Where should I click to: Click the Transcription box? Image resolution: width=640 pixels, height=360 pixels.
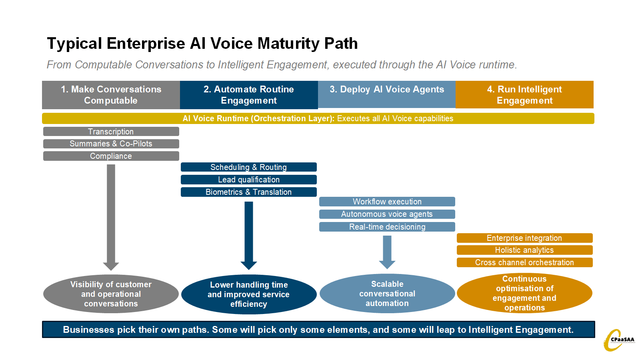111,132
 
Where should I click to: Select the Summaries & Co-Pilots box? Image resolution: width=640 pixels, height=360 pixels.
111,144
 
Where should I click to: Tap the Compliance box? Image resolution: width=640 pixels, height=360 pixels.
111,156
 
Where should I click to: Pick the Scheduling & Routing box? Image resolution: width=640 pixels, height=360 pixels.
248,167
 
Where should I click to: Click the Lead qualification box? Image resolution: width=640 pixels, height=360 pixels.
248,180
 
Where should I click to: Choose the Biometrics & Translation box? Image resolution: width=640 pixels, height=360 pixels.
248,192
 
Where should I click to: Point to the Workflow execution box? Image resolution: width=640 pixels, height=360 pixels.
387,202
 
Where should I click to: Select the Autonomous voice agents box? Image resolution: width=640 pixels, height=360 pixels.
387,214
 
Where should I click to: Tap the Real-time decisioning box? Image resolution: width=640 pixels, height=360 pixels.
387,227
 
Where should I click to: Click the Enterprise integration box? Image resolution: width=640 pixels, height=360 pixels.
524,238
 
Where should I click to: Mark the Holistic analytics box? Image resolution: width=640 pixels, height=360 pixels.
524,250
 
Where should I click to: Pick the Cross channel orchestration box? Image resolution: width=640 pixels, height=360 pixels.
524,262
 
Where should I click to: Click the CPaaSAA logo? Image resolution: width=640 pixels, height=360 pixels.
618,340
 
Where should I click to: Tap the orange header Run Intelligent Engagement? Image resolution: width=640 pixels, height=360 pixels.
524,95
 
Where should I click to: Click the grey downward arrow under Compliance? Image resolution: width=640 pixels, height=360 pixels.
111,216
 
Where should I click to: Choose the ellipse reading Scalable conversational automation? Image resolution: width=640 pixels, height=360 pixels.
387,294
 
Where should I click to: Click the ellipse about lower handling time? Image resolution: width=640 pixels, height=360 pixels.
248,294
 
